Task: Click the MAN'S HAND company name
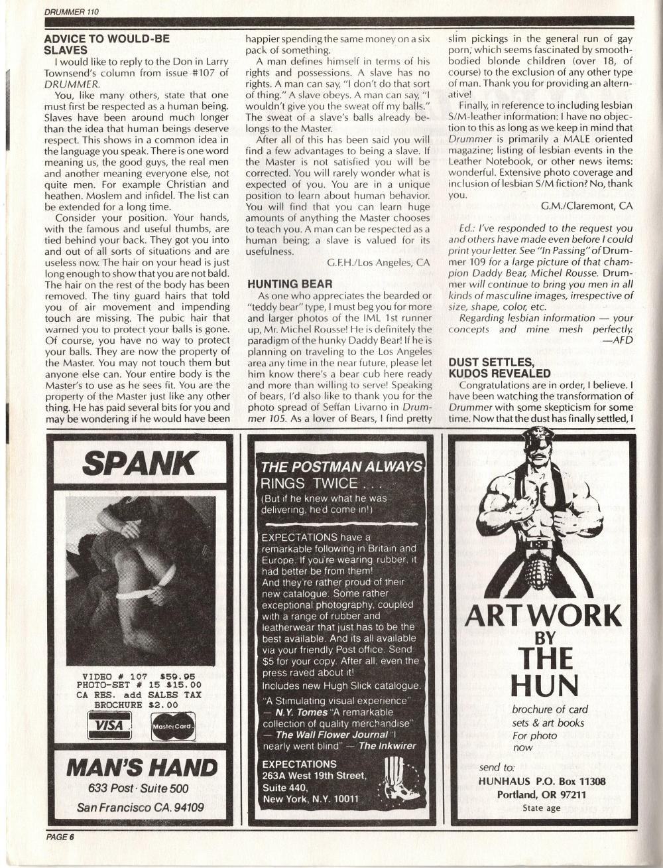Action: pyautogui.click(x=141, y=768)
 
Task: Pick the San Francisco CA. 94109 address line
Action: pyautogui.click(x=140, y=808)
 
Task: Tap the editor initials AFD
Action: pyautogui.click(x=618, y=340)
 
